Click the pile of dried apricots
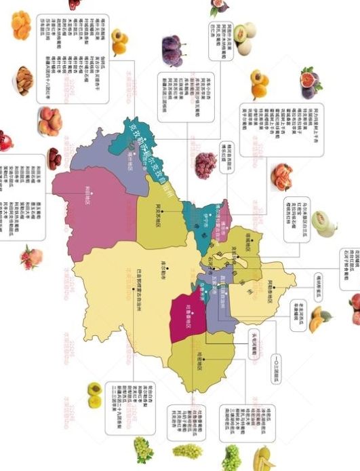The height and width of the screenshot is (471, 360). click(21, 25)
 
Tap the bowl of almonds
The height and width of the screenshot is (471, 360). click(24, 80)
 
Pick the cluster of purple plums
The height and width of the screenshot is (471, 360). click(173, 51)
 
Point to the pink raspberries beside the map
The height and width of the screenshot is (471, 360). click(205, 164)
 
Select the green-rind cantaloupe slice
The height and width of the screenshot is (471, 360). click(324, 224)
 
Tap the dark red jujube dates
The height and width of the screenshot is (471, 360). click(54, 158)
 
